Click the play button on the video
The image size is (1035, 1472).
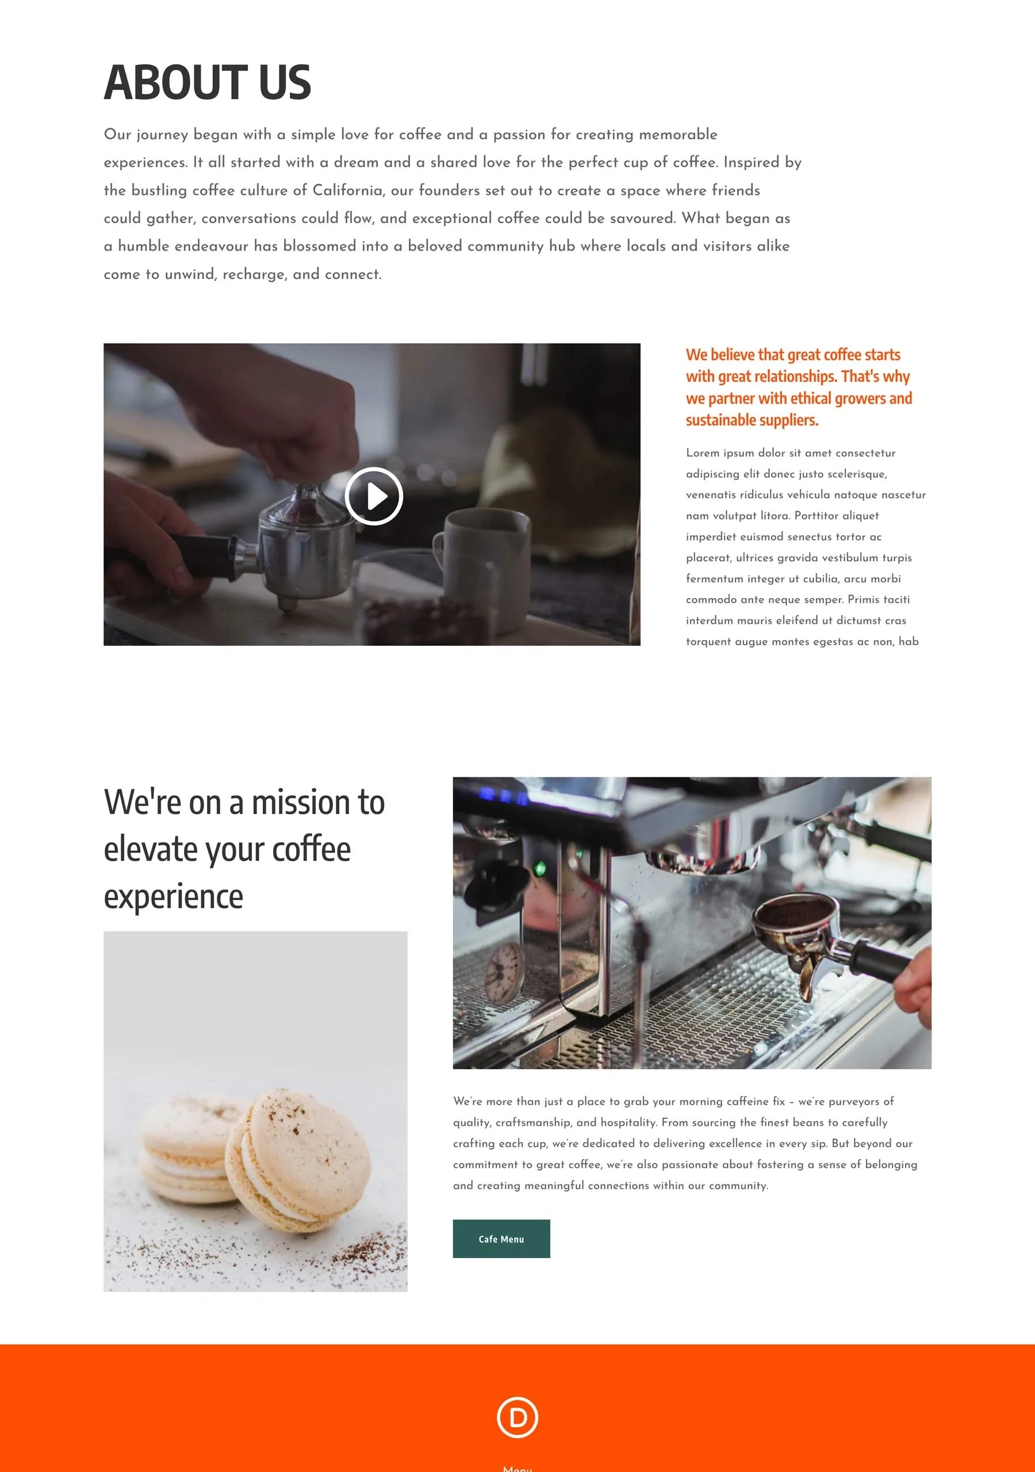(x=374, y=496)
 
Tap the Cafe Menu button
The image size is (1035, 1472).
(x=501, y=1239)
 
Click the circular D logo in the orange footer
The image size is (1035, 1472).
(x=517, y=1417)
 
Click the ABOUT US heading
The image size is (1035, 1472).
(x=207, y=83)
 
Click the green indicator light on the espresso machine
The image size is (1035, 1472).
(x=540, y=869)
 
